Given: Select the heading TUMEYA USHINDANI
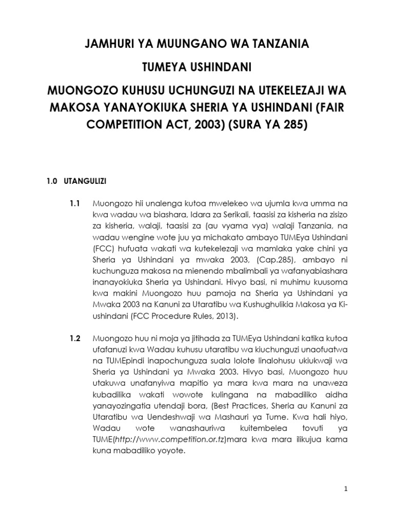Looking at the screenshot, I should click(x=197, y=68).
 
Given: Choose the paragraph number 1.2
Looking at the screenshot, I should click(x=75, y=339).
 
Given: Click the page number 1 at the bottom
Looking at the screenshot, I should click(x=346, y=490).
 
